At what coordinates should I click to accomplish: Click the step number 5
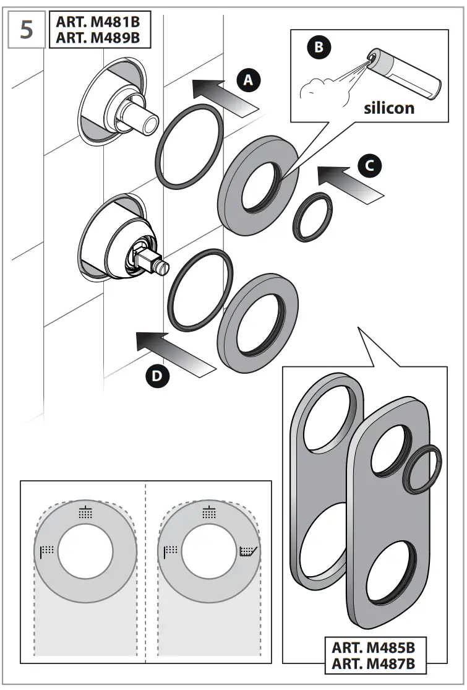pos(27,29)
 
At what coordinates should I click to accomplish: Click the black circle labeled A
pos(249,80)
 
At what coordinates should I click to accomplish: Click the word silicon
pos(388,108)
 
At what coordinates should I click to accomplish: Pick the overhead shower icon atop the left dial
pos(86,512)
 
